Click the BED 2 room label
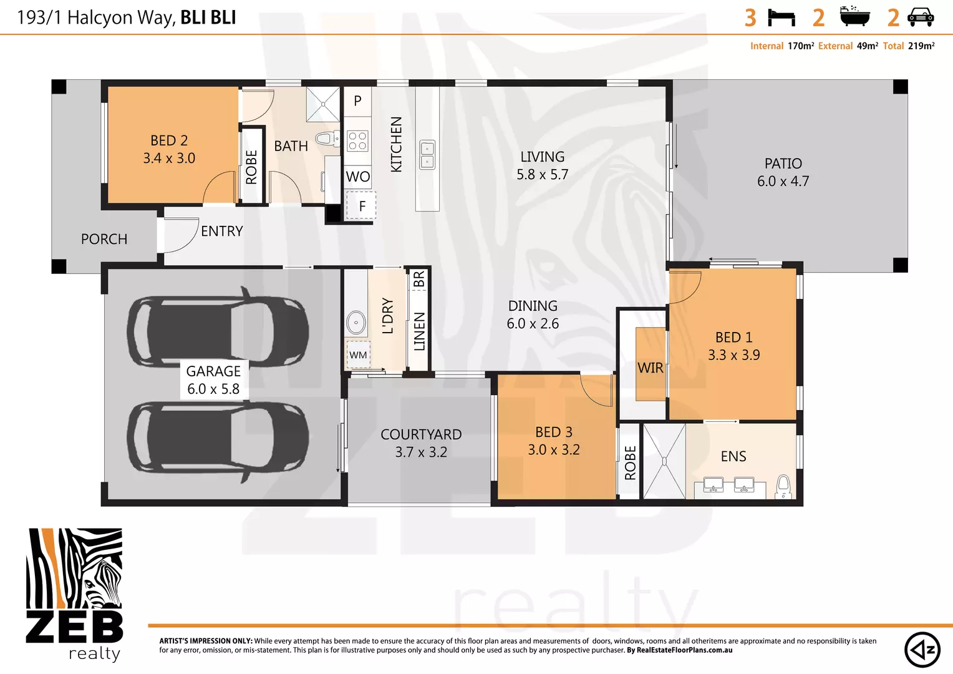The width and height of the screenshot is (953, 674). click(169, 141)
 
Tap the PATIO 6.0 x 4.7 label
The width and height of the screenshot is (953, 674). click(783, 172)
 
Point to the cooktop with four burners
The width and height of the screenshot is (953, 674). click(357, 141)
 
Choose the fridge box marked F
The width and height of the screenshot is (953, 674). click(361, 207)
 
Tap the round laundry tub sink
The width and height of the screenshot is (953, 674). click(356, 323)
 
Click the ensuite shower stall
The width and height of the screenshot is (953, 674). click(664, 461)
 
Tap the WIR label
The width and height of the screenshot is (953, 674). click(650, 368)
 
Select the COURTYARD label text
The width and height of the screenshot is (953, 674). click(421, 434)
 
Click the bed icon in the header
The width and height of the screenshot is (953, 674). click(781, 17)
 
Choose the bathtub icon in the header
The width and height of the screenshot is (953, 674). click(854, 17)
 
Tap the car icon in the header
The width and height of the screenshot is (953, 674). click(921, 17)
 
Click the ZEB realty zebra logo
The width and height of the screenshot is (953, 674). click(74, 593)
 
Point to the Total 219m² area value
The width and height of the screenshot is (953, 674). click(921, 46)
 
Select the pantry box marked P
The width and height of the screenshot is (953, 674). click(357, 101)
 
